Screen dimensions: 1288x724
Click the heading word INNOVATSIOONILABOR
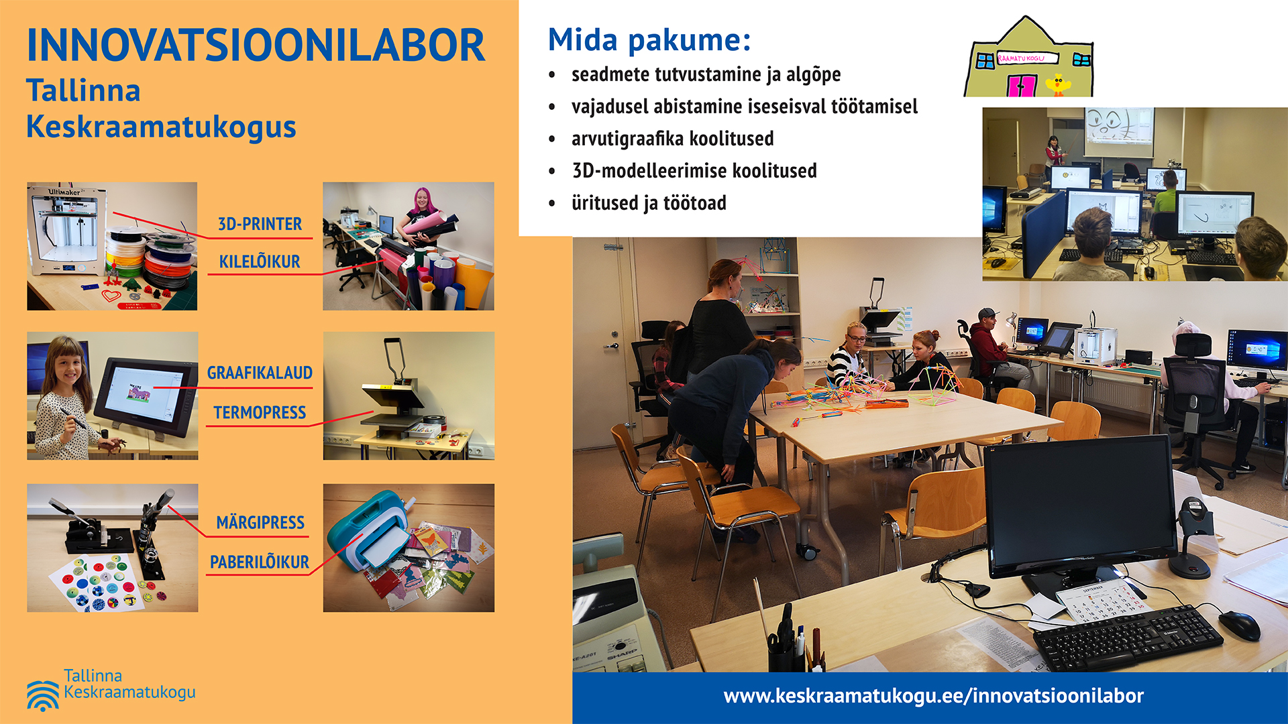coord(256,46)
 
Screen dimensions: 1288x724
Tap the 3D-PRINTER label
coord(260,224)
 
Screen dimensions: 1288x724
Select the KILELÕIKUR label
coord(260,261)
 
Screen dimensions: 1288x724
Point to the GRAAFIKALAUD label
coord(260,373)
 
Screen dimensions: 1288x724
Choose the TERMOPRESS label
coord(260,412)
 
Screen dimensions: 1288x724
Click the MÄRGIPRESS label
coord(260,522)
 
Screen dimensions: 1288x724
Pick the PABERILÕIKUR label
coord(260,562)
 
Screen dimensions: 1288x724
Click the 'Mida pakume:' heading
coord(649,40)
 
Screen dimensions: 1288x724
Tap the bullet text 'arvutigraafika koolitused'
coord(672,139)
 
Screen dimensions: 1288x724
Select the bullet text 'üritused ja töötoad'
coord(649,203)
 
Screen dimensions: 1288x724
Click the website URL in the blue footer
coord(933,696)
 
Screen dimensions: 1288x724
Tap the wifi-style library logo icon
coord(43,695)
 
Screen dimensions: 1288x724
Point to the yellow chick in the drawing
coord(1059,85)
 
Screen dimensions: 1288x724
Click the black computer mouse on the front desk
coord(1239,625)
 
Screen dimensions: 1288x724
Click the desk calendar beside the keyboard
coord(1101,603)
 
